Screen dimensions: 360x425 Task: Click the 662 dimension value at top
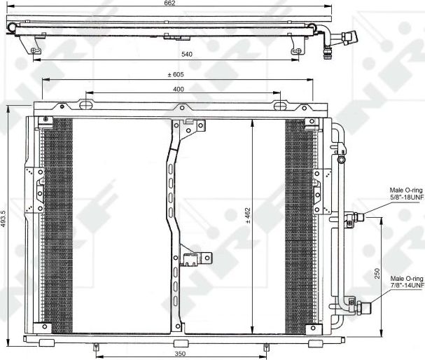169,4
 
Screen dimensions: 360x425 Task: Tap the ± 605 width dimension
174,74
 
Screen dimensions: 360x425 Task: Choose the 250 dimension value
377,275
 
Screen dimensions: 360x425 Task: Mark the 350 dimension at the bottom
180,354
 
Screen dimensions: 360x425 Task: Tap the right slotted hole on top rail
279,106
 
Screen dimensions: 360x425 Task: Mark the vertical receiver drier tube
340,224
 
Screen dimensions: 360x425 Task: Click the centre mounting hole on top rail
183,108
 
